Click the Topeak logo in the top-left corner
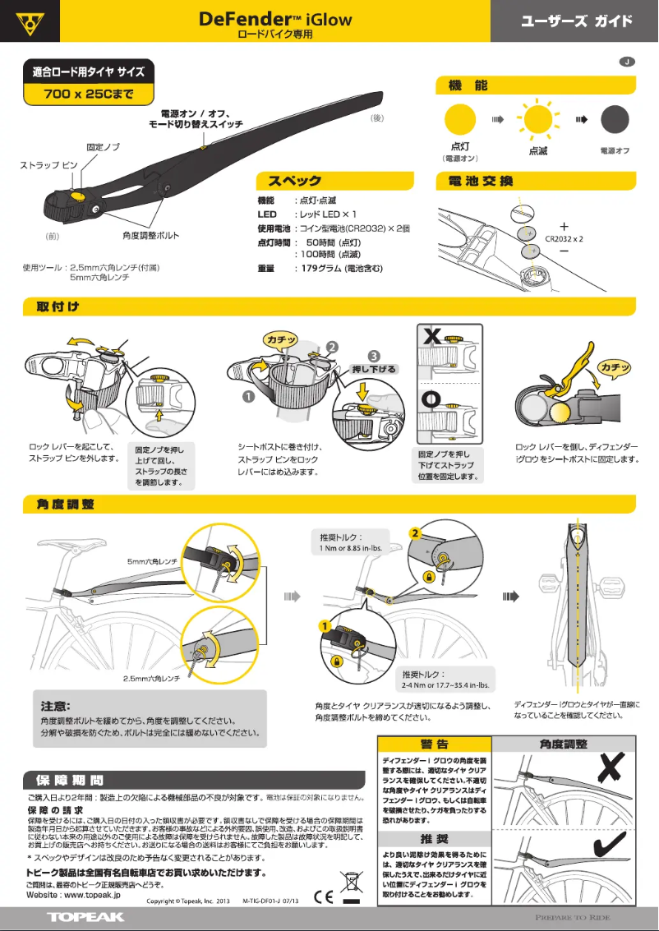(30, 21)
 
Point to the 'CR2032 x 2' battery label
(564, 238)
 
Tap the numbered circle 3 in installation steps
(374, 356)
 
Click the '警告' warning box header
(434, 744)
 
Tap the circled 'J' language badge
(627, 62)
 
